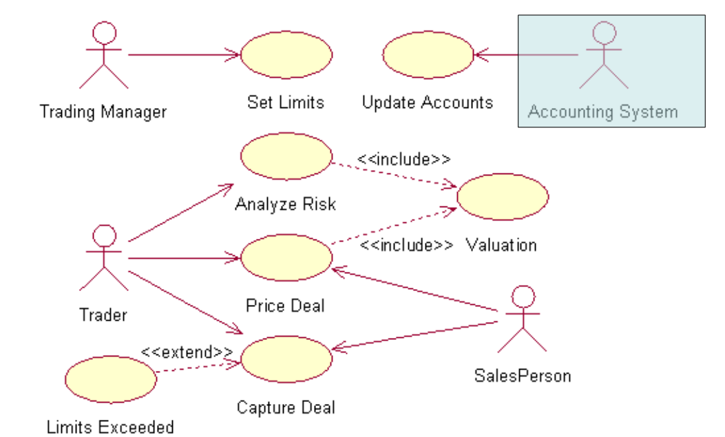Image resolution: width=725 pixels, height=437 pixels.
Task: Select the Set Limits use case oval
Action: click(x=286, y=55)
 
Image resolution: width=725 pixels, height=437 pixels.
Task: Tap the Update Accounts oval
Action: click(x=428, y=55)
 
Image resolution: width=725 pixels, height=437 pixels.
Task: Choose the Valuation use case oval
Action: click(x=503, y=197)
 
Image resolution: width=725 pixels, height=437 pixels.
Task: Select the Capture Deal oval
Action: click(x=286, y=360)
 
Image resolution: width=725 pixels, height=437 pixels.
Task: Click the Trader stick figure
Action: click(x=104, y=258)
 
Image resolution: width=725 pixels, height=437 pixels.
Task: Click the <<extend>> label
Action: click(x=187, y=352)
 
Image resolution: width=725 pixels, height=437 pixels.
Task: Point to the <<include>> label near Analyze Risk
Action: click(x=403, y=159)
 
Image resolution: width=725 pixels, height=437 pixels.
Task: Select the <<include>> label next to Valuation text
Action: click(x=406, y=245)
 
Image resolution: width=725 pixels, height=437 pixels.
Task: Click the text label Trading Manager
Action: click(x=103, y=111)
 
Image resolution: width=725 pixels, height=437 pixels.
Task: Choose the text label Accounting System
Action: click(x=602, y=111)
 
